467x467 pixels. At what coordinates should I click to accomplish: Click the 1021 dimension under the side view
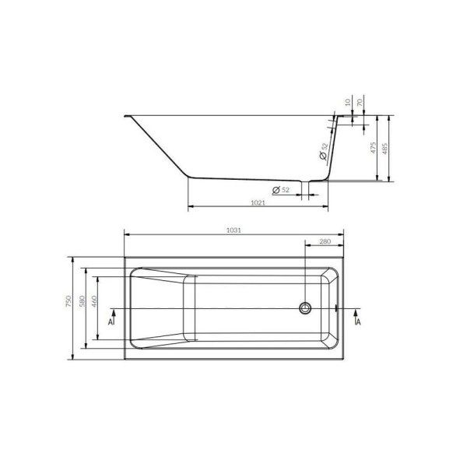259,204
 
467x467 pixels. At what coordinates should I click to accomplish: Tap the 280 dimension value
325,242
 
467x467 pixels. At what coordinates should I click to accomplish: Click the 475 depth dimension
374,149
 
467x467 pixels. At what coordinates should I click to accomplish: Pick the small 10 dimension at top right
346,102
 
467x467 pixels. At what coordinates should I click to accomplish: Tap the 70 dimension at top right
360,102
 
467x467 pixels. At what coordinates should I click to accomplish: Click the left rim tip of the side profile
125,118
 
